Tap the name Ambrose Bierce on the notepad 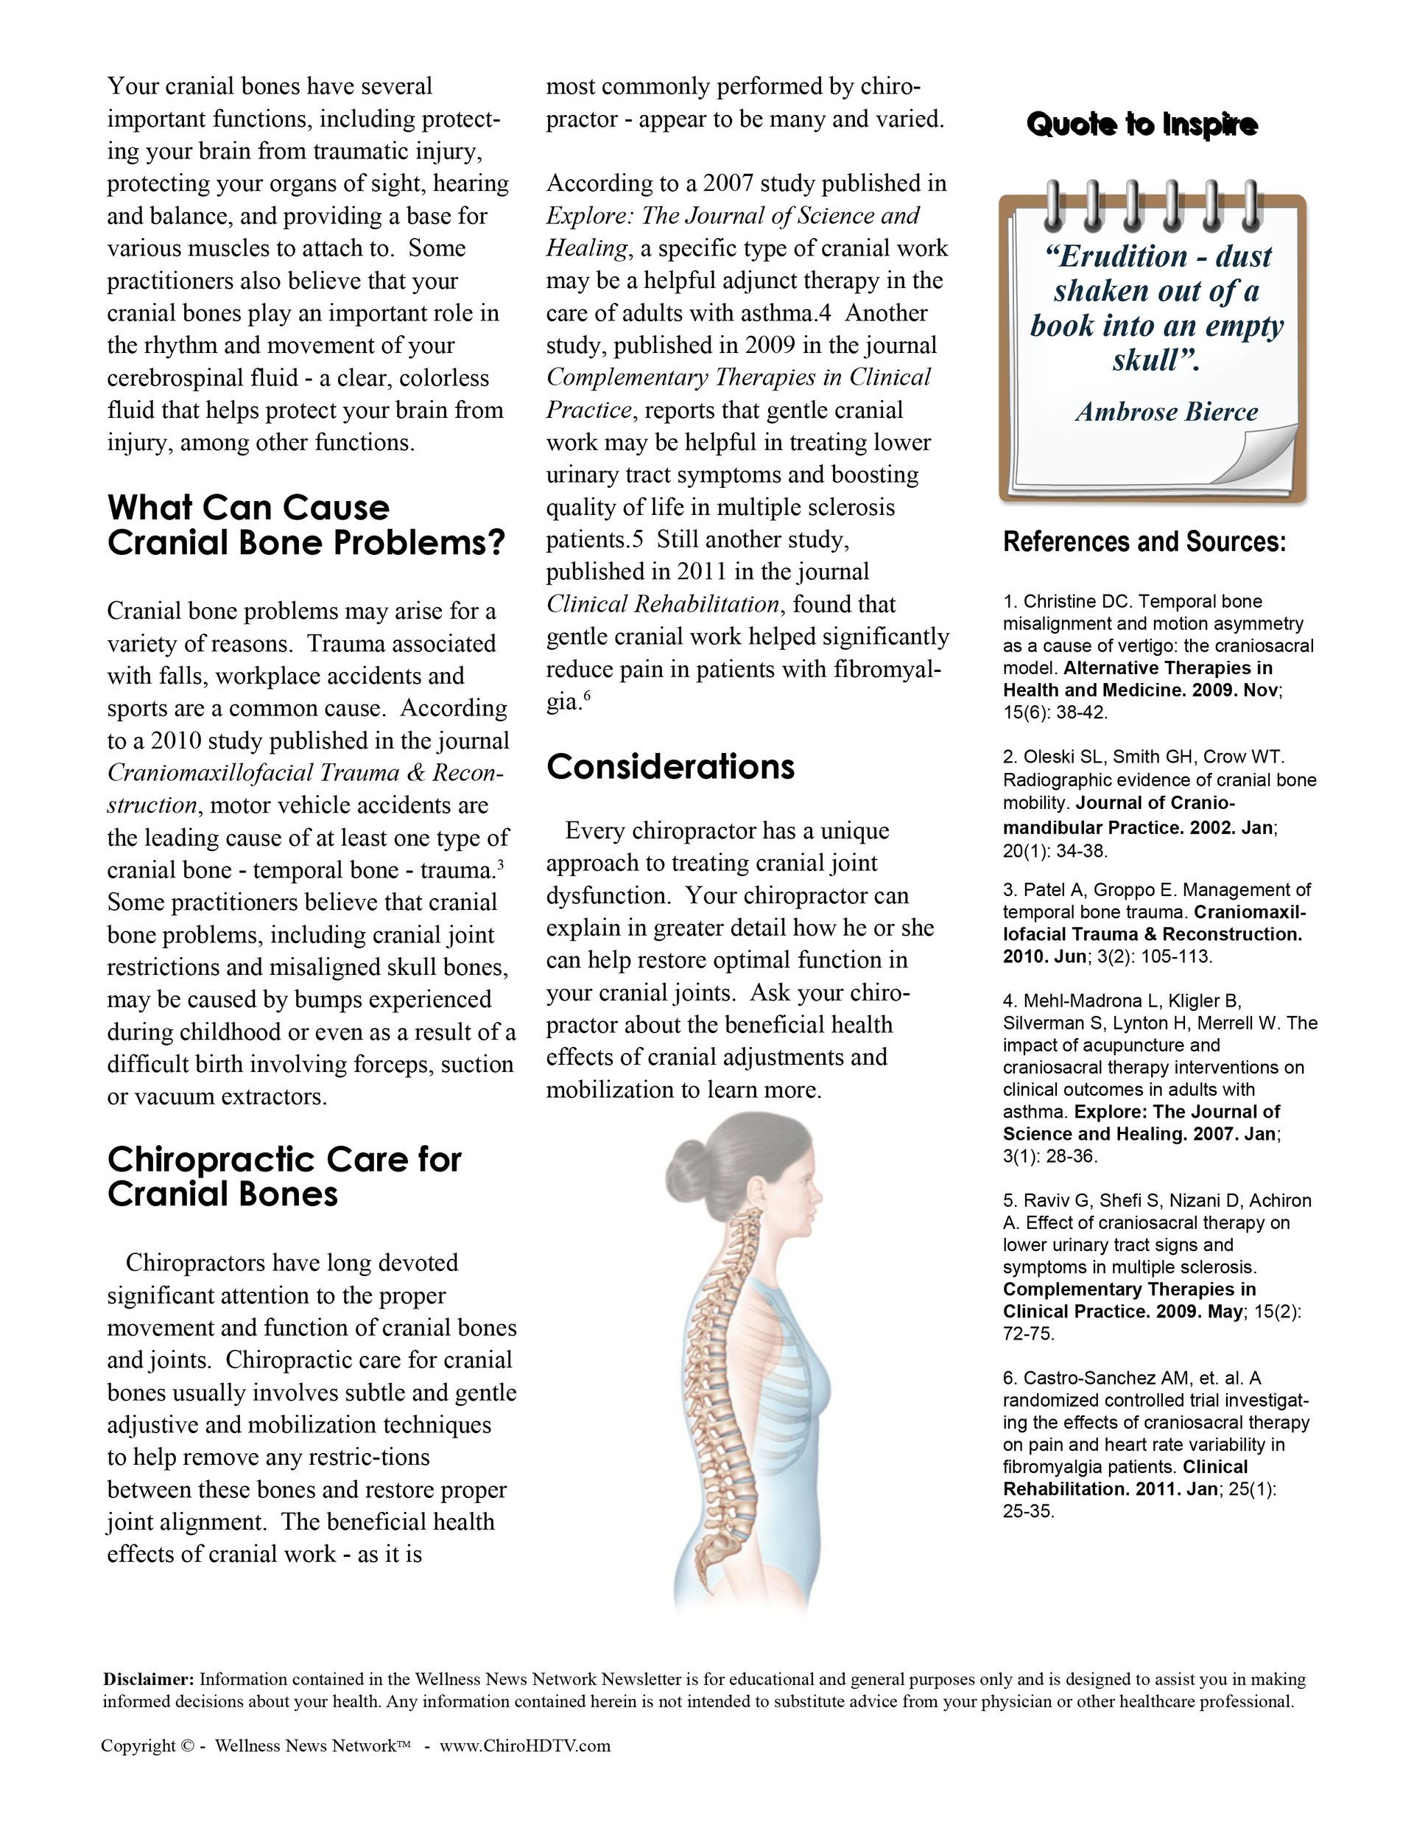[x=1166, y=412]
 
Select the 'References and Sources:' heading [x=1144, y=542]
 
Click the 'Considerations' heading [x=670, y=766]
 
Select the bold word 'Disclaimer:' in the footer [x=148, y=1679]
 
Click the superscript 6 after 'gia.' [x=587, y=694]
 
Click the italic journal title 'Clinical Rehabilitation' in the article [x=662, y=603]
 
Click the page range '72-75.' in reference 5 [x=1028, y=1333]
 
